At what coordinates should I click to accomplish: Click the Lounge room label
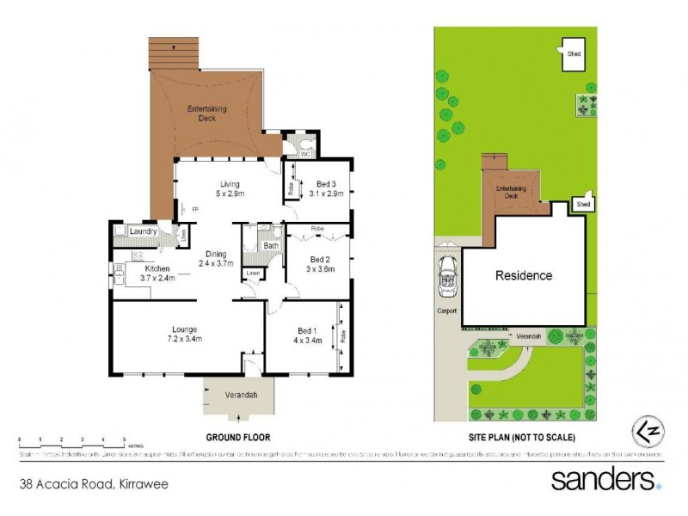tap(184, 329)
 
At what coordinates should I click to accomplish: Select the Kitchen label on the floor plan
tap(157, 269)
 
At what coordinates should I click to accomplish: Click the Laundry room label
tap(142, 231)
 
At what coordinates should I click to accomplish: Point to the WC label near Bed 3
tap(304, 155)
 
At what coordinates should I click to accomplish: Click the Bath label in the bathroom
tap(271, 246)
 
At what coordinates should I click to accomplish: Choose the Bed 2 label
tap(319, 260)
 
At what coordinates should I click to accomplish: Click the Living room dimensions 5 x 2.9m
tap(229, 194)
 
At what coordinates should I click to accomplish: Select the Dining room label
tap(216, 254)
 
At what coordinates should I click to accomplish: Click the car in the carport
tap(447, 273)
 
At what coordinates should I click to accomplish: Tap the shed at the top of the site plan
tap(574, 53)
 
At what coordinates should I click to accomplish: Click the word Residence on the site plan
tap(523, 276)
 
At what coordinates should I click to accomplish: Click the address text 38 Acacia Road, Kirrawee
tap(95, 483)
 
